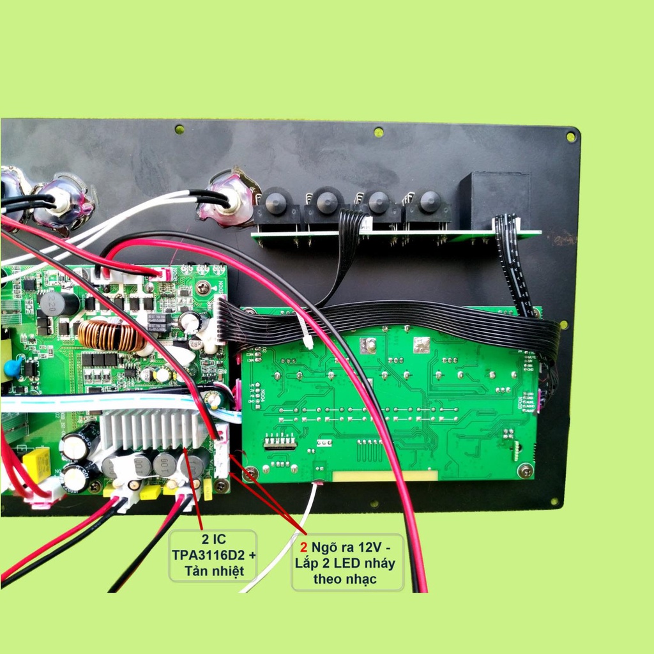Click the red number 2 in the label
pyautogui.click(x=304, y=548)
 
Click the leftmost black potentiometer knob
pyautogui.click(x=276, y=202)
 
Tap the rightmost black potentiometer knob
pyautogui.click(x=429, y=204)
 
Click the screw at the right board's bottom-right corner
pyautogui.click(x=526, y=471)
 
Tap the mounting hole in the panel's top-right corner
pyautogui.click(x=570, y=136)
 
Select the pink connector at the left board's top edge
pyautogui.click(x=165, y=274)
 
